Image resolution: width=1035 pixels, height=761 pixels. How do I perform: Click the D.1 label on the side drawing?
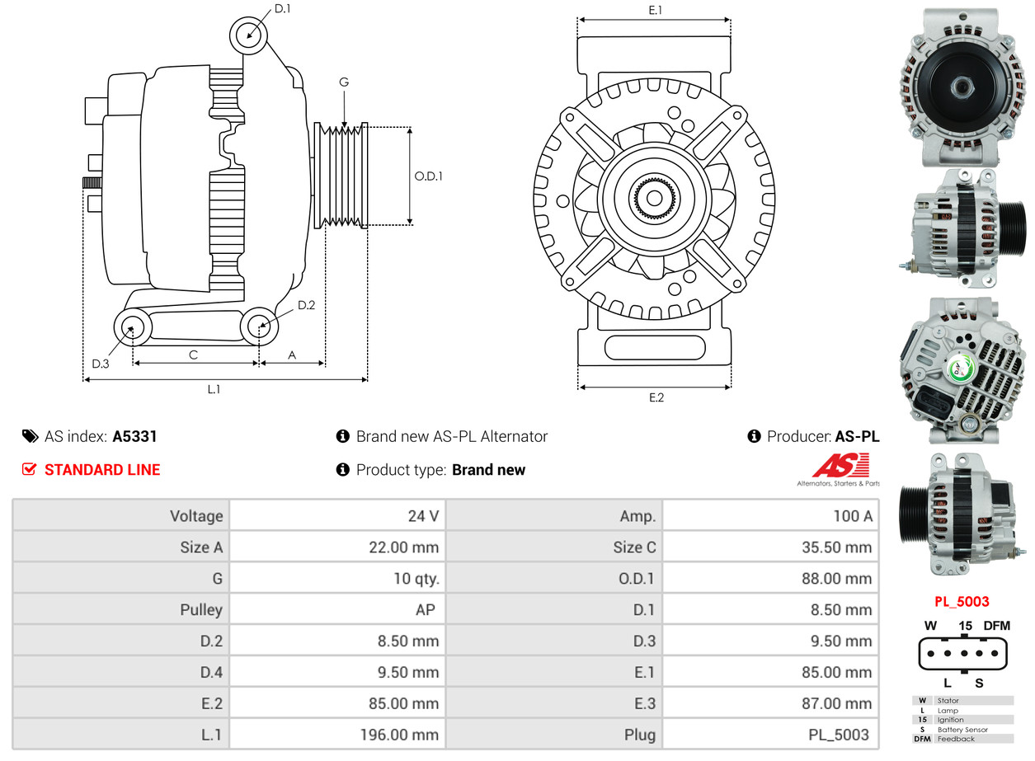tap(282, 9)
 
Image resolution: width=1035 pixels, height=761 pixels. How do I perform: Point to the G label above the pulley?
tap(344, 82)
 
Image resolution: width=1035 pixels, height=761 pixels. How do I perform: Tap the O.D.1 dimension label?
tap(428, 176)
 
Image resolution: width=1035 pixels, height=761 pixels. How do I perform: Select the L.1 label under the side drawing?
tap(214, 389)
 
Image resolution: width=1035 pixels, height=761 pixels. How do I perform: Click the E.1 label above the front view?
tap(656, 10)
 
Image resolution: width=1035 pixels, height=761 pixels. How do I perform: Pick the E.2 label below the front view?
tap(656, 397)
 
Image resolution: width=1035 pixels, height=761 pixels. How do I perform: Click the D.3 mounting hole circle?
tap(131, 328)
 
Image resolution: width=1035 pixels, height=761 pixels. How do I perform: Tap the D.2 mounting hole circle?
tap(259, 326)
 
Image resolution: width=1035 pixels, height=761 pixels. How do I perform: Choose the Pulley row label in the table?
tap(201, 610)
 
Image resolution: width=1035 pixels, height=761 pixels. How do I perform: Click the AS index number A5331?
tap(134, 436)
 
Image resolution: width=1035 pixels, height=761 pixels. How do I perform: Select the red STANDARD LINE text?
tap(102, 470)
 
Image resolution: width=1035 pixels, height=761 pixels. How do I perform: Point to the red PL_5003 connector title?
tap(962, 602)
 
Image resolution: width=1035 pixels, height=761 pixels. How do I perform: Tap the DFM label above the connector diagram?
tap(996, 626)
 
